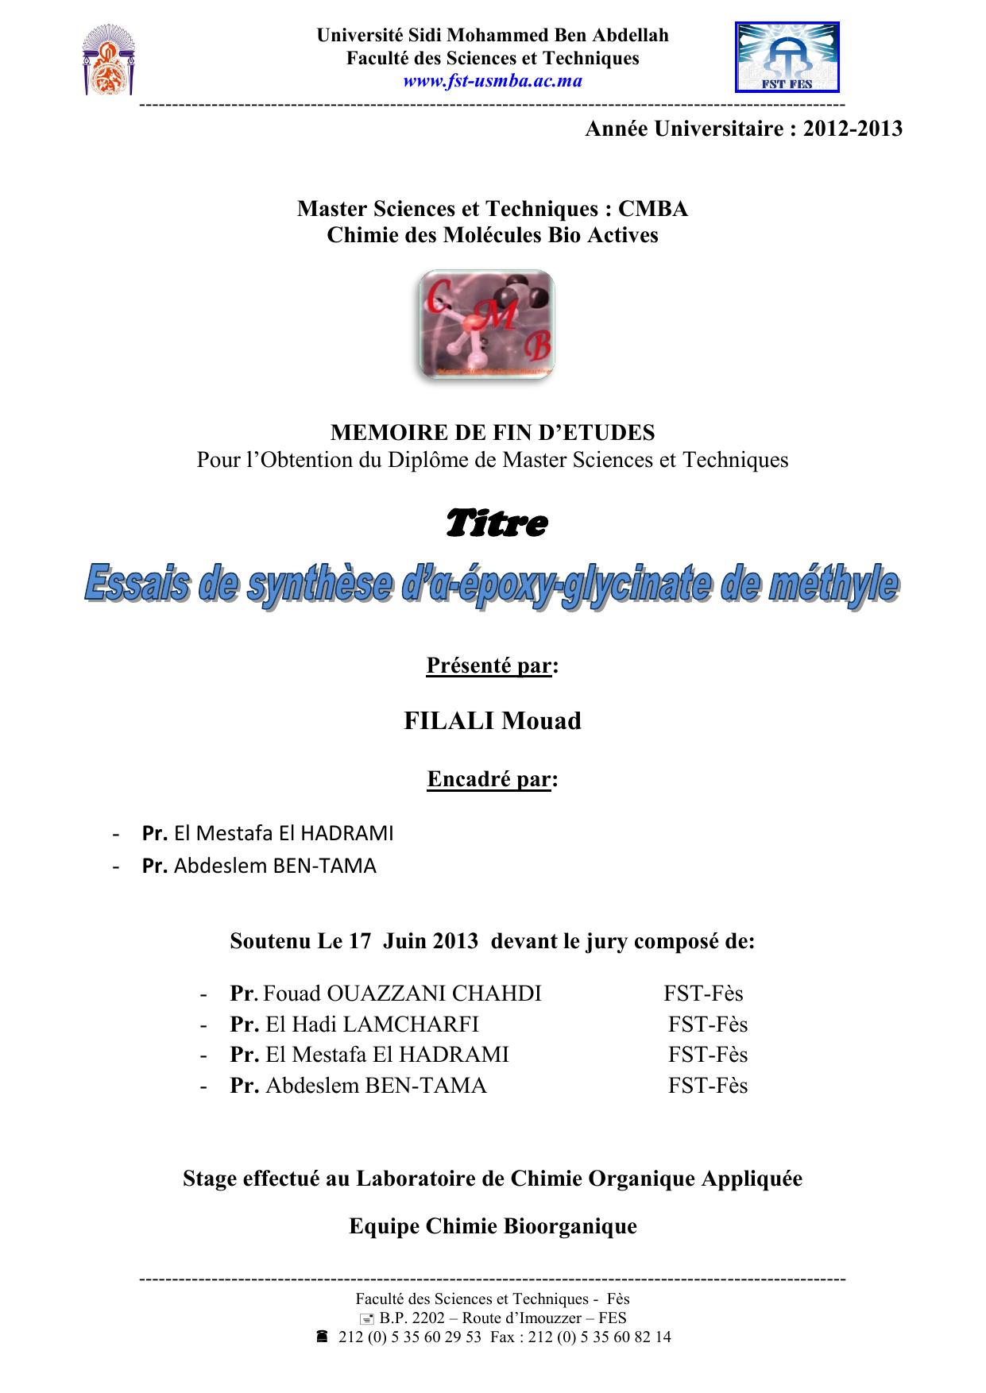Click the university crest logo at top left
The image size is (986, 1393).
pos(108,60)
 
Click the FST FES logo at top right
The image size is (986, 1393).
pos(787,58)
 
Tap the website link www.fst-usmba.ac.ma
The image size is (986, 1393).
pos(493,81)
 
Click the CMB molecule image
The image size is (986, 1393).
pos(486,323)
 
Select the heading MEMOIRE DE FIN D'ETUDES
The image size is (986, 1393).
pos(493,433)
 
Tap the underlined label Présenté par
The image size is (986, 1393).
pos(489,666)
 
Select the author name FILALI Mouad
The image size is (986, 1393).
pos(493,721)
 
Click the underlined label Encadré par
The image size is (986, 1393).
pos(489,779)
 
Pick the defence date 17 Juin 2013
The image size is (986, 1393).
pos(414,941)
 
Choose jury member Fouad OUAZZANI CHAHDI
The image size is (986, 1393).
pos(402,994)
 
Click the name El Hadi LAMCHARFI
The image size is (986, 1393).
pos(372,1024)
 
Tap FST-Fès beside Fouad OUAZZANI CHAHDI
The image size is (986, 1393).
pos(703,994)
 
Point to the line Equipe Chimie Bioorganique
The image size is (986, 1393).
pos(493,1226)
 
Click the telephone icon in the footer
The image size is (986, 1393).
pos(322,1337)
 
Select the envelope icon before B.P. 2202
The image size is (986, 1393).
pos(366,1318)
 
